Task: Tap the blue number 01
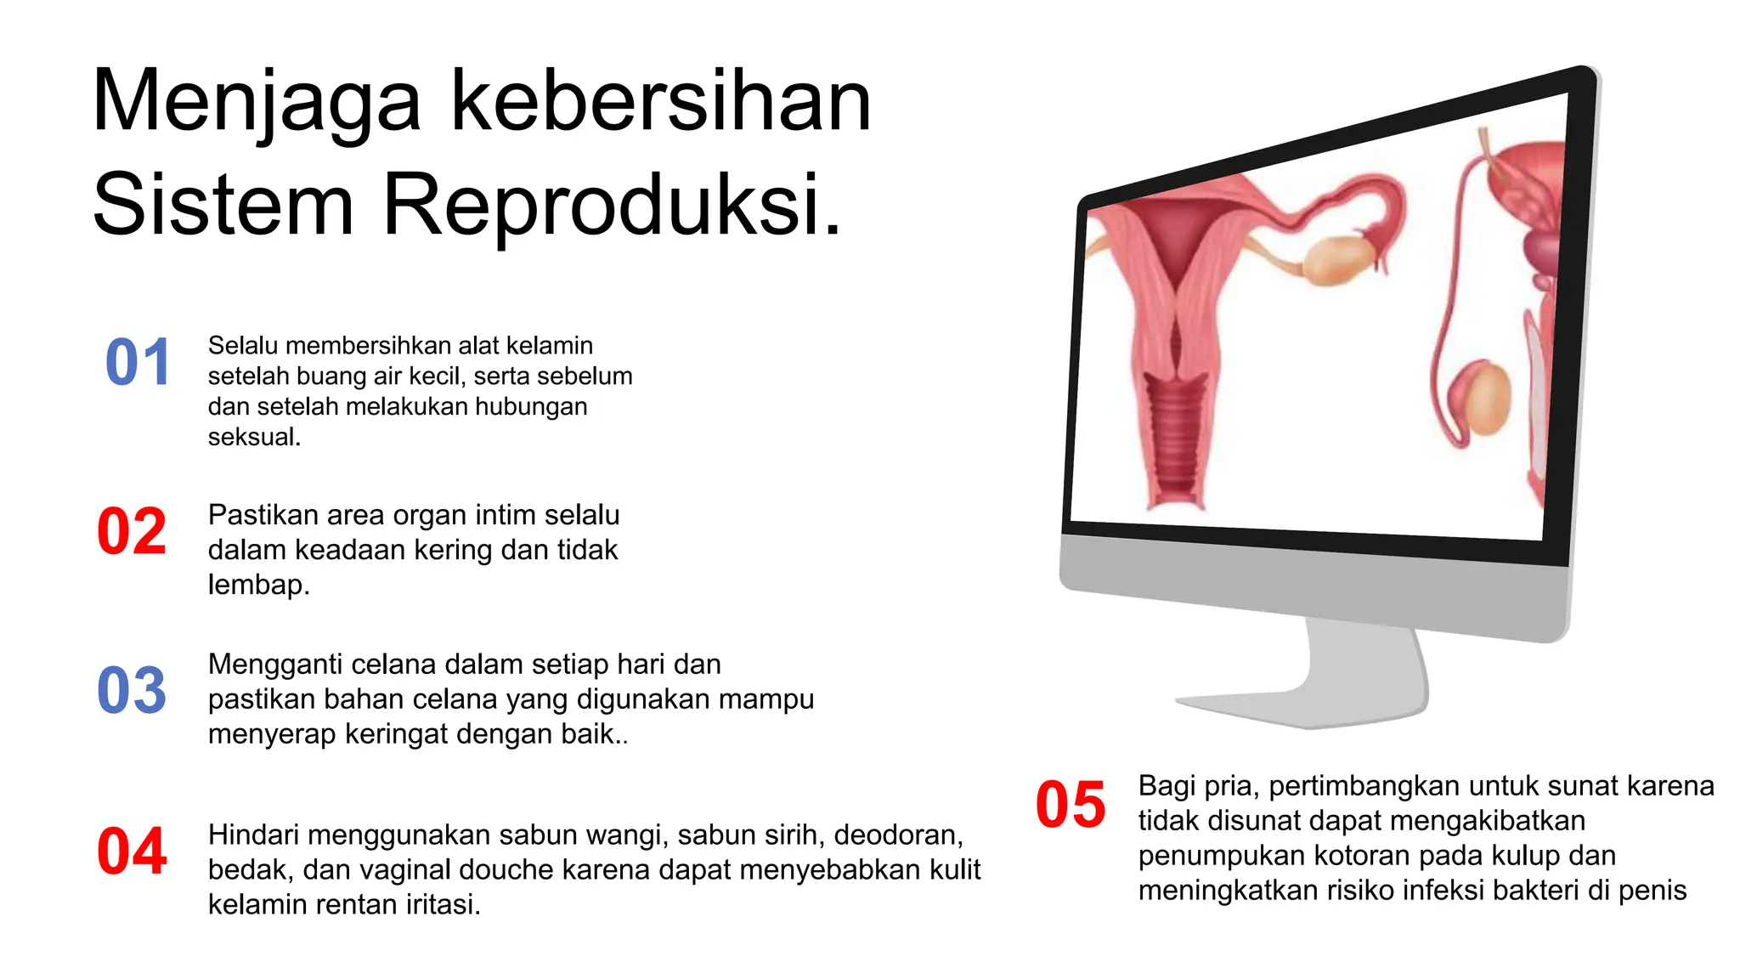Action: click(138, 363)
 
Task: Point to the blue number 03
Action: click(132, 691)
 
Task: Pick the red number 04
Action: click(132, 852)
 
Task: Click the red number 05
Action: click(1071, 806)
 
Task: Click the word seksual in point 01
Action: click(254, 438)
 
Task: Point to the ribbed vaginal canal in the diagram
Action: click(1176, 442)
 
